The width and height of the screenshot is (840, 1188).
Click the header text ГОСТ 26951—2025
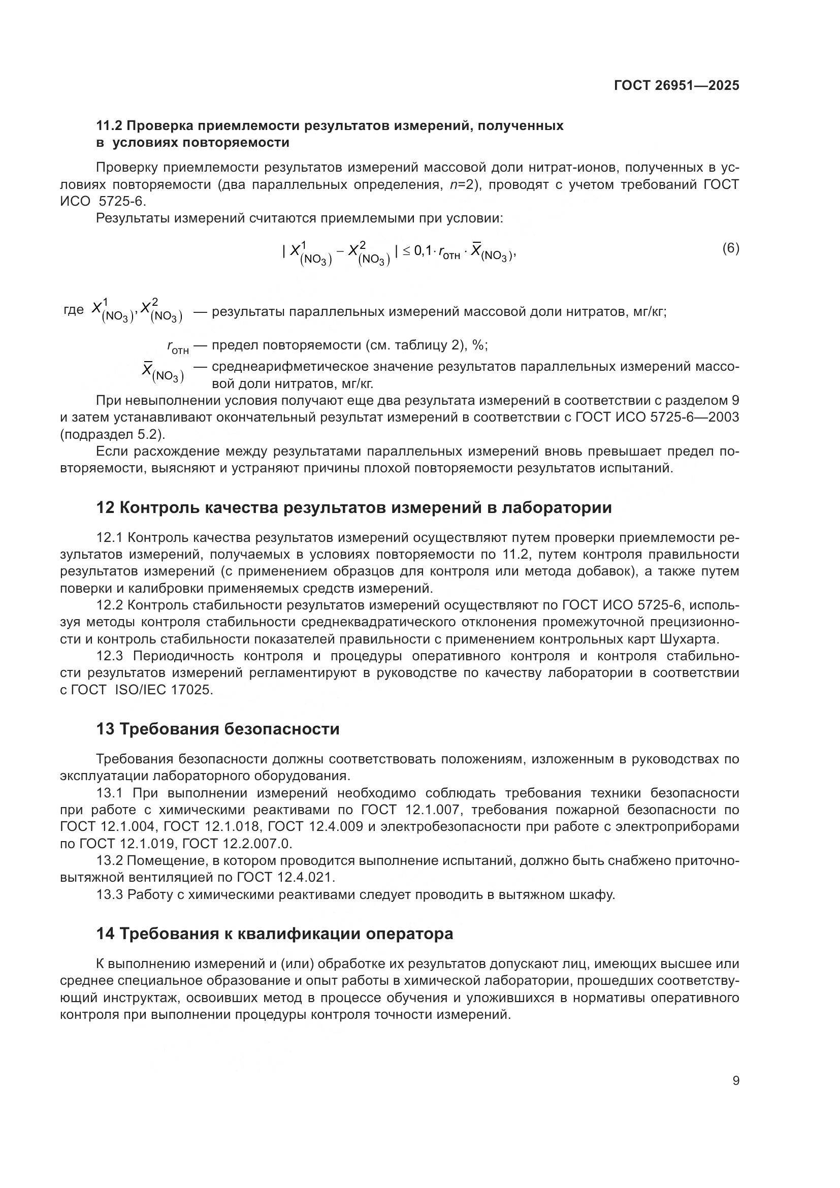point(676,85)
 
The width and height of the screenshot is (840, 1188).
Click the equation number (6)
point(730,248)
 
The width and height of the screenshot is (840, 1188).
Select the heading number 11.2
point(109,126)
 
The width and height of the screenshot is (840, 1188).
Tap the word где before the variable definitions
point(74,310)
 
